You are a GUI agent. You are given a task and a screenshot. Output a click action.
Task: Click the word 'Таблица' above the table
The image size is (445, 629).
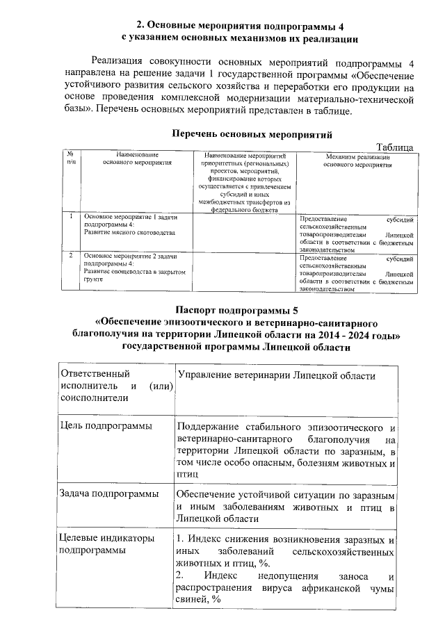pos(394,147)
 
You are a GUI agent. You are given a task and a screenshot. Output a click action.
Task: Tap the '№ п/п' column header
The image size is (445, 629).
pos(72,158)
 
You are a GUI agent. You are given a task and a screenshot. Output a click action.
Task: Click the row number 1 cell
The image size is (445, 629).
pos(72,218)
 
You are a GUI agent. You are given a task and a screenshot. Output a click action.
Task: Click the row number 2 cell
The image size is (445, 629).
pos(72,256)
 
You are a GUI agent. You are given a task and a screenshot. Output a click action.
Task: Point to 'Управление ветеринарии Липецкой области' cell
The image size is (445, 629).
pos(277,375)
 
